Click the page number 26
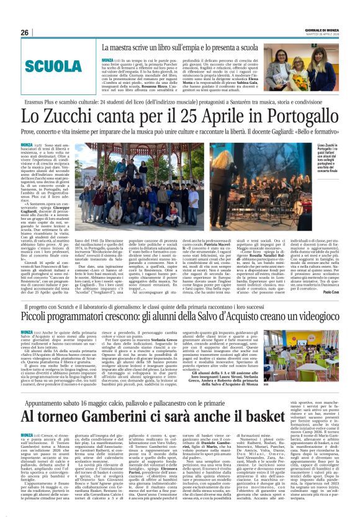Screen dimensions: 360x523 coord(25,32)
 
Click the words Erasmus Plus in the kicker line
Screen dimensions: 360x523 coord(43,99)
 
